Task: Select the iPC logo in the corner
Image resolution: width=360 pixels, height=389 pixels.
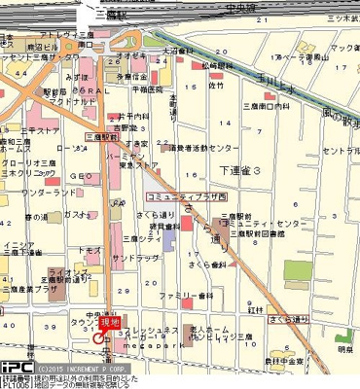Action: click(x=16, y=368)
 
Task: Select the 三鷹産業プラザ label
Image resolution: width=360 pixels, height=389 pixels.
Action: click(x=47, y=289)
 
